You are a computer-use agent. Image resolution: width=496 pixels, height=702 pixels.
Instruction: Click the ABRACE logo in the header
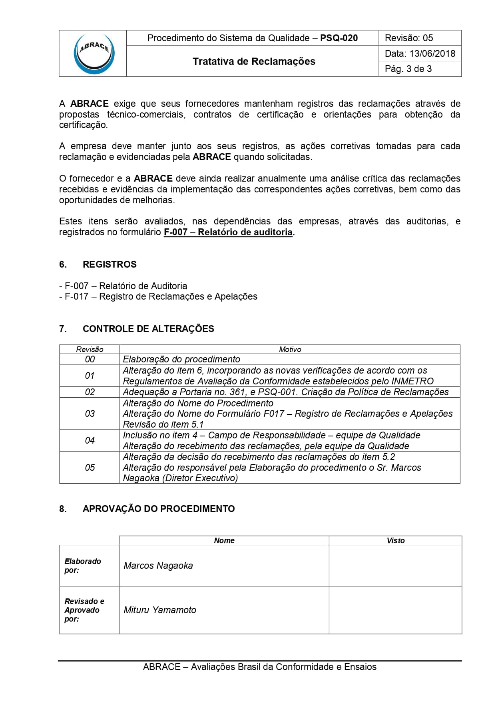pyautogui.click(x=94, y=54)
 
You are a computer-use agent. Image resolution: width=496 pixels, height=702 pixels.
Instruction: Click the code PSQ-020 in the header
pyautogui.click(x=339, y=38)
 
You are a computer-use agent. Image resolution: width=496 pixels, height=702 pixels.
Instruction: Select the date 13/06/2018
pyautogui.click(x=432, y=54)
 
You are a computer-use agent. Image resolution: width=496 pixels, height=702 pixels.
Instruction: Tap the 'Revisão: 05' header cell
pyautogui.click(x=409, y=38)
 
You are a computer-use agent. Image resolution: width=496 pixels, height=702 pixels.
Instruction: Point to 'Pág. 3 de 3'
pyautogui.click(x=408, y=69)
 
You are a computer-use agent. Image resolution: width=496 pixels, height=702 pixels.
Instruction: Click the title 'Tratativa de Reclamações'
pyautogui.click(x=254, y=61)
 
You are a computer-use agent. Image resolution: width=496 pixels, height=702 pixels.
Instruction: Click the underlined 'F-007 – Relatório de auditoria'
pyautogui.click(x=228, y=232)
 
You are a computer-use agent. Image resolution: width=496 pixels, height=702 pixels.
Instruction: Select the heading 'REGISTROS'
pyautogui.click(x=110, y=264)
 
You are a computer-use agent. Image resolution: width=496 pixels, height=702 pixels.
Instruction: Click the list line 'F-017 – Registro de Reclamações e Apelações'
pyautogui.click(x=161, y=296)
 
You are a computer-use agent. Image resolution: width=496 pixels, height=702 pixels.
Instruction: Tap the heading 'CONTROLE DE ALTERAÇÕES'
pyautogui.click(x=148, y=329)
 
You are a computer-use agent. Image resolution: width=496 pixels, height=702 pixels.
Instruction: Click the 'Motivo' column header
pyautogui.click(x=290, y=349)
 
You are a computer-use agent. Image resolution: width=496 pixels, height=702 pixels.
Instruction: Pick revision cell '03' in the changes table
pyautogui.click(x=90, y=414)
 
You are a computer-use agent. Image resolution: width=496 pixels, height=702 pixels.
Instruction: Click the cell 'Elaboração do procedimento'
pyautogui.click(x=181, y=359)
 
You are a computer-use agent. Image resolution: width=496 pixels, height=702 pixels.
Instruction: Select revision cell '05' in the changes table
pyautogui.click(x=90, y=467)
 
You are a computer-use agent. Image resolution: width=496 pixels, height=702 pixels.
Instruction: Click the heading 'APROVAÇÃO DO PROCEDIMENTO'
pyautogui.click(x=159, y=509)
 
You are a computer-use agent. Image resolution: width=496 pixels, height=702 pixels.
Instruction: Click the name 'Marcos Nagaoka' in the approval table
pyautogui.click(x=158, y=566)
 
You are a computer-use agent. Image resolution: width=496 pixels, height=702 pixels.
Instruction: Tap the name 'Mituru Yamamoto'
pyautogui.click(x=160, y=610)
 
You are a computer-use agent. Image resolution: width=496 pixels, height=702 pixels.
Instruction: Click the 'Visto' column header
pyautogui.click(x=395, y=540)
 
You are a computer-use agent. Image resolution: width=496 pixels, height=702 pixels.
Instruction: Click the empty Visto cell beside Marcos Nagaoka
pyautogui.click(x=395, y=566)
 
